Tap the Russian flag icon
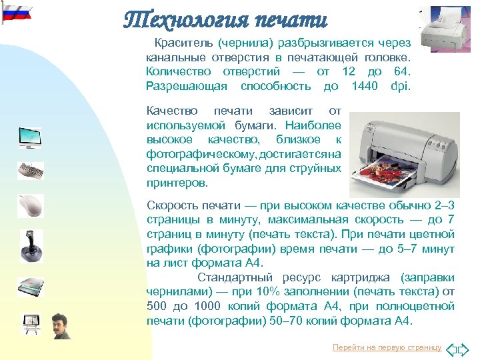click(17, 14)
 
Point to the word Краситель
click(180, 42)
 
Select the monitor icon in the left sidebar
click(30, 137)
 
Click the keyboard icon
click(30, 169)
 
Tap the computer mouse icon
click(30, 204)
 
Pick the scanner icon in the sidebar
click(30, 285)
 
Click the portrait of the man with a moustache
click(61, 325)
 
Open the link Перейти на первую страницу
click(387, 347)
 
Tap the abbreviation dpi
click(402, 86)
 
